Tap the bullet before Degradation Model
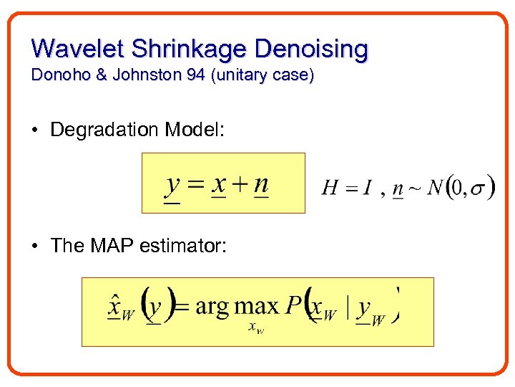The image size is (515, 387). coord(34,130)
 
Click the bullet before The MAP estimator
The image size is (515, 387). coord(34,247)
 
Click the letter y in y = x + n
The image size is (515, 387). coord(172,185)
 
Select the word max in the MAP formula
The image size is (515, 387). coord(256,307)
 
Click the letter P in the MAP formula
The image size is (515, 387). coord(294,306)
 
